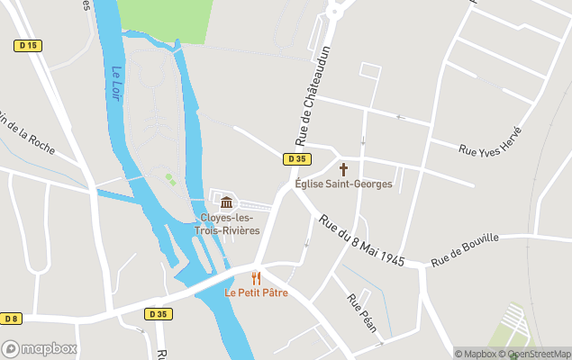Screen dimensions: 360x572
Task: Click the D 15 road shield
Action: [x=28, y=45]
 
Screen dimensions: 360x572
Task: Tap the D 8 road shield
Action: [x=12, y=319]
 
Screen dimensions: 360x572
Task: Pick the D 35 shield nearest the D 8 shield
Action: [x=159, y=313]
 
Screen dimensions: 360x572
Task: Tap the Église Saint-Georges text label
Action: [x=343, y=184]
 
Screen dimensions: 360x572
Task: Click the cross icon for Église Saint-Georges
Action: [x=343, y=168]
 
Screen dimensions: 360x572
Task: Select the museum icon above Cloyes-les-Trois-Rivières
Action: [x=226, y=201]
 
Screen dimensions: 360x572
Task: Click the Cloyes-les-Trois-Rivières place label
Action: [x=227, y=224]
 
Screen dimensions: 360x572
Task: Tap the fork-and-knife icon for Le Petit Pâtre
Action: [x=256, y=278]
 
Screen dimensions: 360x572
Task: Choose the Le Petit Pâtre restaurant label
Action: [x=256, y=293]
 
